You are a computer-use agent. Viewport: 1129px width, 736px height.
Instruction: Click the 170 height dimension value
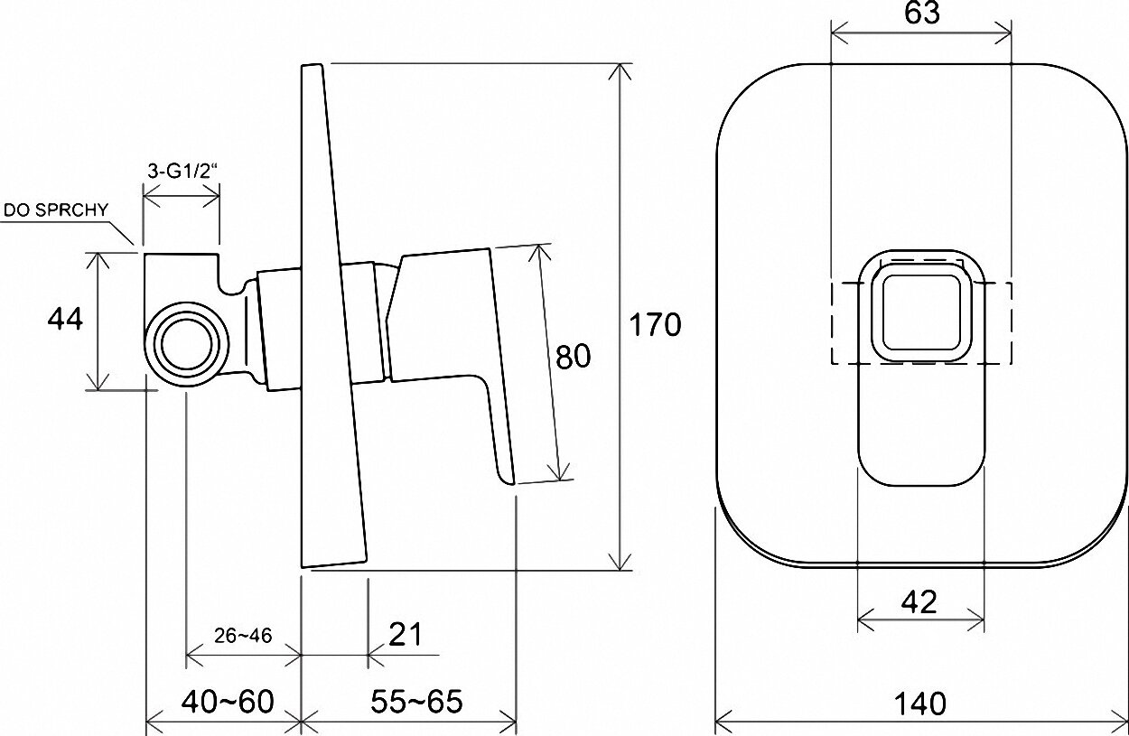coord(655,324)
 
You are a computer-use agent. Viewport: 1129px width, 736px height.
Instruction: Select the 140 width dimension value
coord(919,703)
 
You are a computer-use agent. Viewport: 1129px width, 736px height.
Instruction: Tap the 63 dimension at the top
coord(922,14)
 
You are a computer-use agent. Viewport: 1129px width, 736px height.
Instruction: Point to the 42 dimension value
coord(919,601)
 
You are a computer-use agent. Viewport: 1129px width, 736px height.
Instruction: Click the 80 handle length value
coord(573,357)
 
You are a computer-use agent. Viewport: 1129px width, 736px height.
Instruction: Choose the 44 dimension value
coord(65,319)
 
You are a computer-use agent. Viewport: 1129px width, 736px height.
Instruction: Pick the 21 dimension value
coord(406,634)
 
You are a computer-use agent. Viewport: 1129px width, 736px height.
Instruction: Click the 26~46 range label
coord(243,636)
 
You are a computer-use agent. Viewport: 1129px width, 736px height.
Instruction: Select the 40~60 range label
coord(228,701)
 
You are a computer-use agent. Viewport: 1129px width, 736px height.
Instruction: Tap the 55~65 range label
coord(416,701)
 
